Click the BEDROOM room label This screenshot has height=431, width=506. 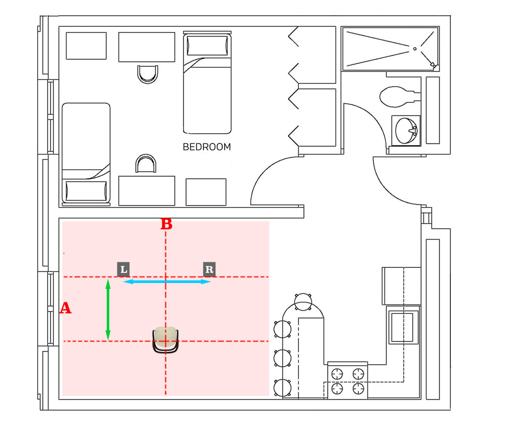pos(206,147)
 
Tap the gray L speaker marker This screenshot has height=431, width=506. pos(123,269)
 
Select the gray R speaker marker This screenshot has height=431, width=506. pos(209,269)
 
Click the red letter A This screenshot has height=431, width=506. pos(65,308)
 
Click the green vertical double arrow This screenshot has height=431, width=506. pos(108,310)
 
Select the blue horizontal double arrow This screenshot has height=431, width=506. pos(167,282)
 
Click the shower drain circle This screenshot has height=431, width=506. pos(414,49)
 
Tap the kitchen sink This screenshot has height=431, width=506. pos(403,327)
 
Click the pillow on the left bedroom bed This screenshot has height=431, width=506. pos(86,191)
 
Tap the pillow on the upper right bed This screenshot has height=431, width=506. pos(207,46)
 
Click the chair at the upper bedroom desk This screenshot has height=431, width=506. pos(147,73)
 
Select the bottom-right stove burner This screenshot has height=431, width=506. pos(358,388)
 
